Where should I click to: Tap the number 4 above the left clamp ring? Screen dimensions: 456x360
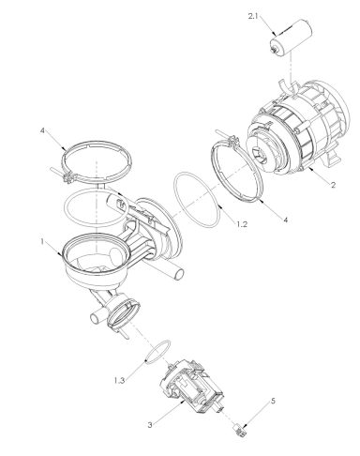pyautogui.click(x=45, y=133)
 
